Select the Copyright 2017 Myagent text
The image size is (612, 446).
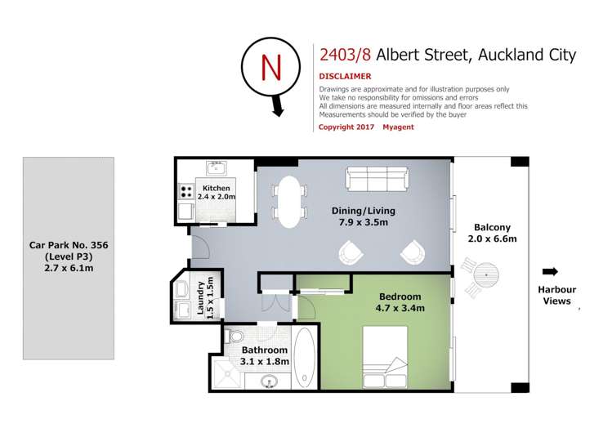[x=365, y=127]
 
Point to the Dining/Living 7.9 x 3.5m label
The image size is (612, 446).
[x=359, y=216]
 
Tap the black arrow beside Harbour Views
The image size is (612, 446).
[x=550, y=272]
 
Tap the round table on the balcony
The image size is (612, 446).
[x=486, y=273]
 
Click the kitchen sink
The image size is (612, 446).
[x=217, y=170]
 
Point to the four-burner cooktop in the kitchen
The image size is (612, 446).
[x=186, y=193]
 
